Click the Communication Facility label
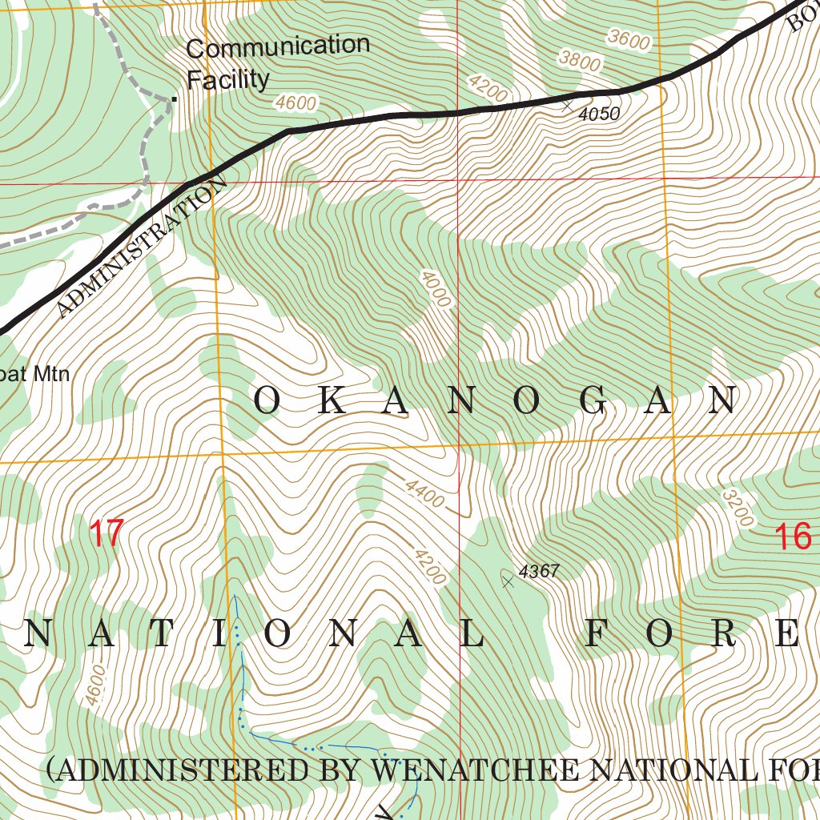point(277,62)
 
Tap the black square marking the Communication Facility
point(173,99)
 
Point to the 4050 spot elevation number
point(599,115)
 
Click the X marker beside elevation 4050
point(567,104)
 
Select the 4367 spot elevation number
point(538,572)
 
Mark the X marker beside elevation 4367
point(508,581)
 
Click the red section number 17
point(107,533)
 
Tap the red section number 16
point(794,537)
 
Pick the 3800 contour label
point(580,59)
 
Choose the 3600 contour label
point(629,38)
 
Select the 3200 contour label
point(738,508)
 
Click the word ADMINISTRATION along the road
point(143,249)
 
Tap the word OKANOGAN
point(496,401)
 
